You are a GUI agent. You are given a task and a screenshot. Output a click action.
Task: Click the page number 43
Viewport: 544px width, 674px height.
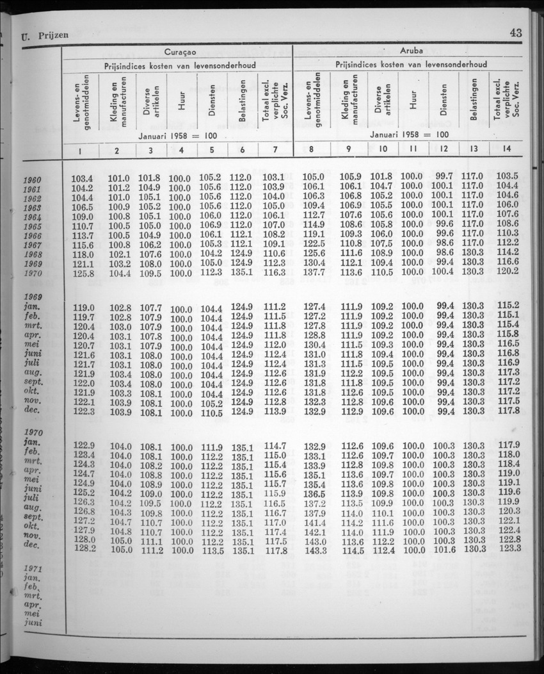click(516, 33)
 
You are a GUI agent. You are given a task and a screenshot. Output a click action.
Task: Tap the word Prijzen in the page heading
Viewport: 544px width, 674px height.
click(52, 36)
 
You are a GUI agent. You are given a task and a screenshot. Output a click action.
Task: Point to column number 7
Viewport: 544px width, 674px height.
click(275, 150)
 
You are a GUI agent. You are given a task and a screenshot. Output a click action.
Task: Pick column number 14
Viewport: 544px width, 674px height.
click(507, 149)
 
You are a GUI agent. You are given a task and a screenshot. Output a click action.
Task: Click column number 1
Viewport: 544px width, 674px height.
click(81, 150)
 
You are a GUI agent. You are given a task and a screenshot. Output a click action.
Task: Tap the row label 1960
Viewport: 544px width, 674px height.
click(32, 180)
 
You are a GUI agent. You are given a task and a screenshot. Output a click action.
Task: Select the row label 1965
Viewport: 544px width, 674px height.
click(32, 227)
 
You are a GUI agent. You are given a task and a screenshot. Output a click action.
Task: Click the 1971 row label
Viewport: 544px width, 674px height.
click(32, 570)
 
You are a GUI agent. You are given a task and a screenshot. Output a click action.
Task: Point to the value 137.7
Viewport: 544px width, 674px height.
click(314, 272)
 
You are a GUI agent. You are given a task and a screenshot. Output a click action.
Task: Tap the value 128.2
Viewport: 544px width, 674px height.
click(84, 548)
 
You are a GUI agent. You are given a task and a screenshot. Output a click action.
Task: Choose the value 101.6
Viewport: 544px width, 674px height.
click(443, 548)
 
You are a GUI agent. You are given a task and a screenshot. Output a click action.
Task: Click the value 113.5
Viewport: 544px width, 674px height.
click(211, 550)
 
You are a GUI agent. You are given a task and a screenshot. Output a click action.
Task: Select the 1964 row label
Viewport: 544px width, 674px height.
click(32, 217)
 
